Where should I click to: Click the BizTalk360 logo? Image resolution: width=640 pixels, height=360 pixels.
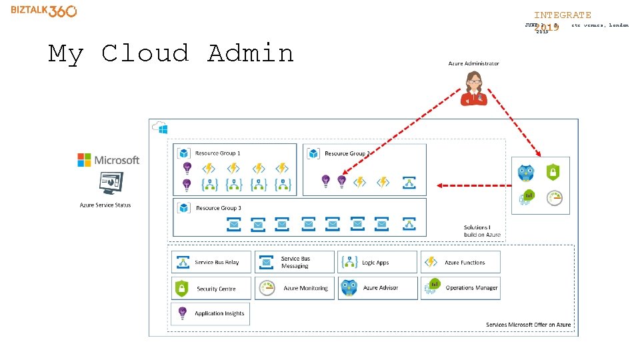tap(43, 11)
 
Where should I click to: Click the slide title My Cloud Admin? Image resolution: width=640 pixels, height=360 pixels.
tap(171, 53)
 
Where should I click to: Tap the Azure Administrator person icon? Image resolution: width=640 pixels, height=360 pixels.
tap(474, 89)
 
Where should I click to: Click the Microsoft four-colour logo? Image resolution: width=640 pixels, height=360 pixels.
tap(84, 160)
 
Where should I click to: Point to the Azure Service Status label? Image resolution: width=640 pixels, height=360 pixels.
tap(105, 205)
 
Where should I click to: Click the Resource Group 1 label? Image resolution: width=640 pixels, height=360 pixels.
tap(217, 153)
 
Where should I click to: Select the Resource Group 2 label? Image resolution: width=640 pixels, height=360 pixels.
tap(347, 153)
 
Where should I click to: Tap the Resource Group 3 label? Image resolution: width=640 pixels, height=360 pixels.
tap(218, 208)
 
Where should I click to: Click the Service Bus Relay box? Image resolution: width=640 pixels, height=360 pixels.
tap(211, 262)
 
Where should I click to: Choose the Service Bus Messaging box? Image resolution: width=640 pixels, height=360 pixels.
tap(294, 262)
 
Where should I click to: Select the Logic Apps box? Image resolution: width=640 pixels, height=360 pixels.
tap(377, 262)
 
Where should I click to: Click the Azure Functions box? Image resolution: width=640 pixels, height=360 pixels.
tap(460, 262)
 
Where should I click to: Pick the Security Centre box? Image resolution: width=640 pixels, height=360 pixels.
tap(211, 289)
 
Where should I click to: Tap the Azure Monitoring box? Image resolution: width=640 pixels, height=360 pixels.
tap(294, 288)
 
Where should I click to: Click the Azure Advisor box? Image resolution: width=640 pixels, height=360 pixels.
tap(377, 288)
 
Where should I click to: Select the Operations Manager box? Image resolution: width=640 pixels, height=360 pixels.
tap(460, 288)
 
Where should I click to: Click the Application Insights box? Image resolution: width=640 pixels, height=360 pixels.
tap(211, 313)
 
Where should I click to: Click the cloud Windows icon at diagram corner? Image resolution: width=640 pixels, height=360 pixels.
tap(160, 127)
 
